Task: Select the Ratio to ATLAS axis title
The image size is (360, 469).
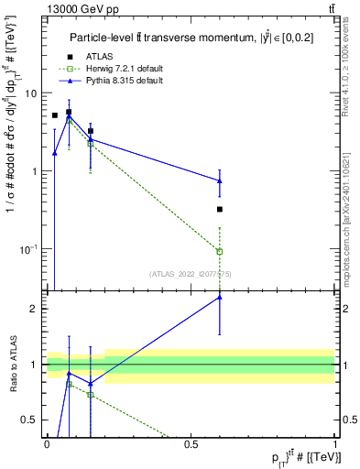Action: click(14, 365)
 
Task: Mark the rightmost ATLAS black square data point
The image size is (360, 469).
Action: click(220, 209)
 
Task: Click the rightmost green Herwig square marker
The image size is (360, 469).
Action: click(220, 251)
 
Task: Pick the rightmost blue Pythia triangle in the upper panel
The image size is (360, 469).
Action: click(220, 180)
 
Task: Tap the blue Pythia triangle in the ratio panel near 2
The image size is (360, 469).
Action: click(220, 297)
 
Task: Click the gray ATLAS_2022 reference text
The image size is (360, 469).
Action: click(190, 273)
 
